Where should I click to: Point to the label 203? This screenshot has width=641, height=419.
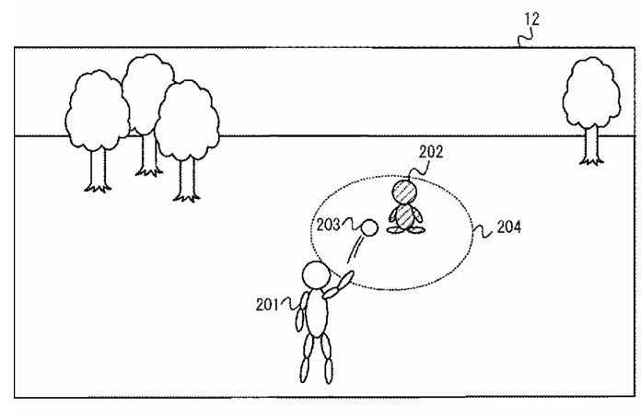pos(328,223)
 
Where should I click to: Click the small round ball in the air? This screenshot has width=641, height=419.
pos(368,227)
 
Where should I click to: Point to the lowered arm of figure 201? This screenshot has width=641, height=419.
pos(298,318)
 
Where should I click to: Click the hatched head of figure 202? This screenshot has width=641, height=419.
pos(404,192)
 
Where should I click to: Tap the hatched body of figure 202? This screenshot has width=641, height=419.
pos(404,215)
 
